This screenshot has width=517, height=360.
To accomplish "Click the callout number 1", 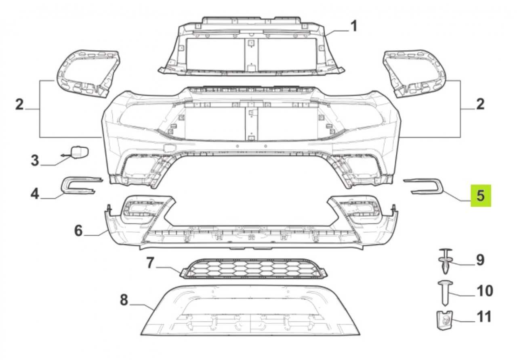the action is click(353, 26).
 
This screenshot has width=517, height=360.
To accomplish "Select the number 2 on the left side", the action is click(20, 104).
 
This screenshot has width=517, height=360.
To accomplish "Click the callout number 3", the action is click(35, 160).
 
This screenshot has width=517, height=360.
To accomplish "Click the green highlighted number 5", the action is click(481, 195).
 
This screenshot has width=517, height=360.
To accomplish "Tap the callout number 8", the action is click(124, 300).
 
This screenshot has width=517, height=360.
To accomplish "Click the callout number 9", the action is click(480, 260).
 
